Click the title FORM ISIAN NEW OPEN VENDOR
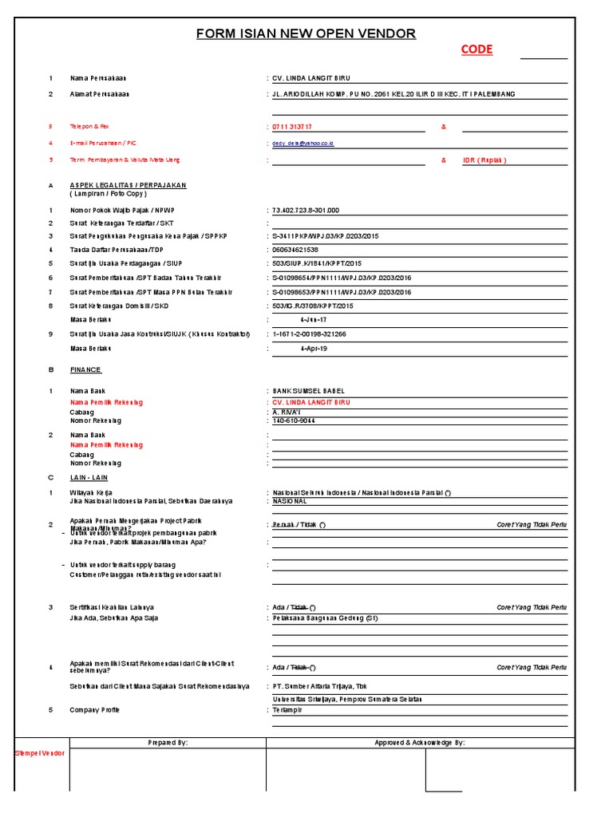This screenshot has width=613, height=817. tap(306, 34)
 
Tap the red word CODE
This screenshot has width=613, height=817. tap(477, 49)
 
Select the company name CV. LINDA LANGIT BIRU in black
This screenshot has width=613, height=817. tap(311, 78)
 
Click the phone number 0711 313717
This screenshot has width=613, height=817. tap(292, 127)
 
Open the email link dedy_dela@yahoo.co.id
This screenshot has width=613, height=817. tap(303, 144)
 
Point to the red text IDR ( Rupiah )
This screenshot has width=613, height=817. tap(484, 160)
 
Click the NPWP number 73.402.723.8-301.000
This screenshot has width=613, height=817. tap(306, 210)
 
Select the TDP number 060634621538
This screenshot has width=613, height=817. tap(295, 250)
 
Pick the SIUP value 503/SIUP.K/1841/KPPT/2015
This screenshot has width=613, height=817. tap(317, 263)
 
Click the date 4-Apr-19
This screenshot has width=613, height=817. tap(313, 349)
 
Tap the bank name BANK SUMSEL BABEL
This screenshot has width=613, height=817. tap(310, 391)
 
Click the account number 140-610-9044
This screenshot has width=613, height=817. tap(294, 420)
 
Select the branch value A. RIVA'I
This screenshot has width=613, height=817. tap(288, 412)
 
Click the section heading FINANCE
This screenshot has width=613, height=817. tap(85, 369)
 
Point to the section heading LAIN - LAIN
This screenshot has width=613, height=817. tap(88, 477)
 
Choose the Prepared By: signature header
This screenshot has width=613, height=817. tap(168, 743)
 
